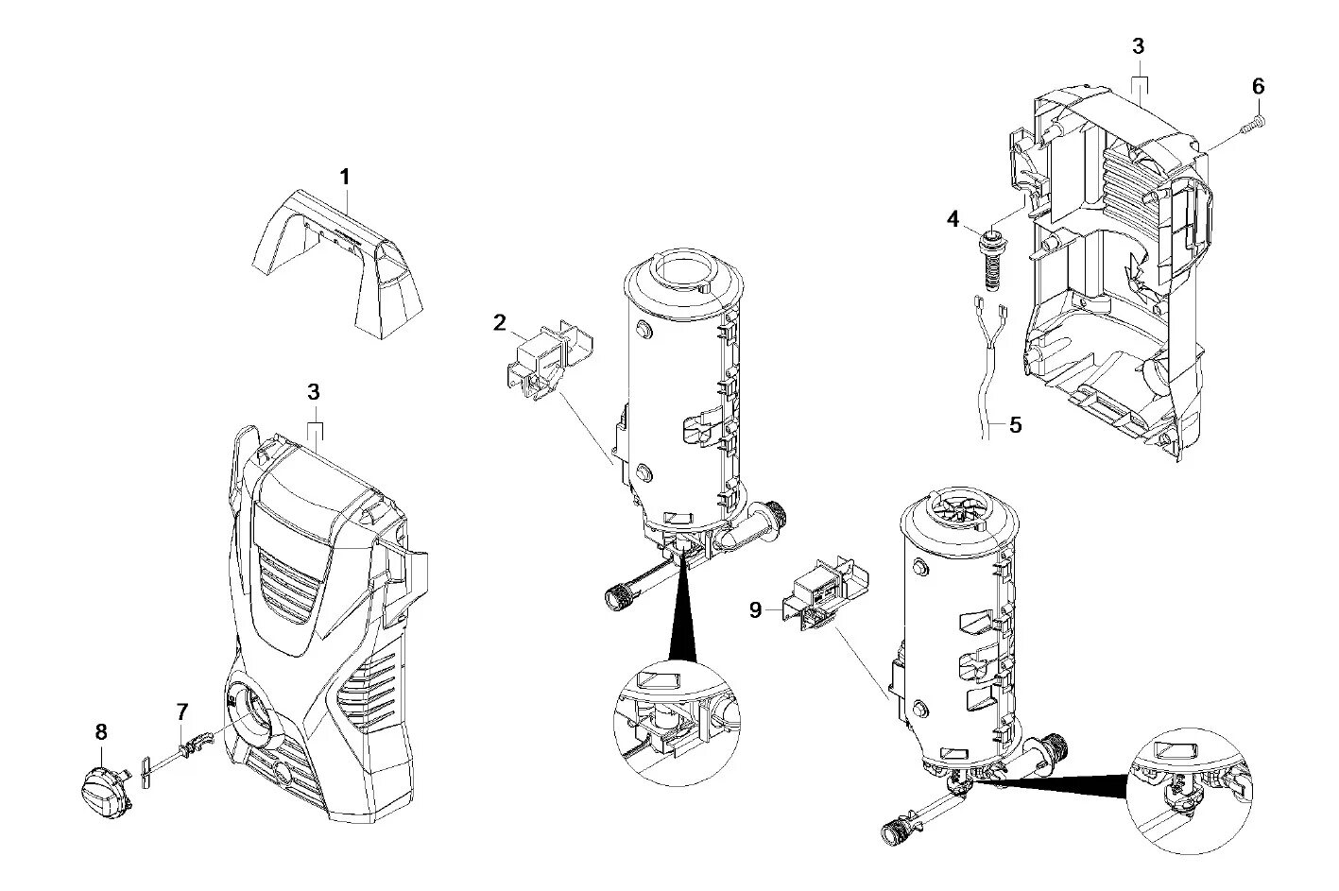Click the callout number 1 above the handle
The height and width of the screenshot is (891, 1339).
345,177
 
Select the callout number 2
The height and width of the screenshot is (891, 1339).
499,323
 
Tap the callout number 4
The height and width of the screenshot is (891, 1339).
953,219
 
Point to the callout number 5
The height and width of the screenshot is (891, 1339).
1015,424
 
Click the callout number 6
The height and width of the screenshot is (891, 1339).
1258,86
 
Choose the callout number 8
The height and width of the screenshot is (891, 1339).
101,732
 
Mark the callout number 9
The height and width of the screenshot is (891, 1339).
755,609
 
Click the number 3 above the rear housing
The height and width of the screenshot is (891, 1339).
1138,45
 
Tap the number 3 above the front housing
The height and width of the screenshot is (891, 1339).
314,391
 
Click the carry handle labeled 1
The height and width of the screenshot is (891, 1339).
340,265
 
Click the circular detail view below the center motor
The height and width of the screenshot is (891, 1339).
677,724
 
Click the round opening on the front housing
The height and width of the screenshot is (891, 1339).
252,714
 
